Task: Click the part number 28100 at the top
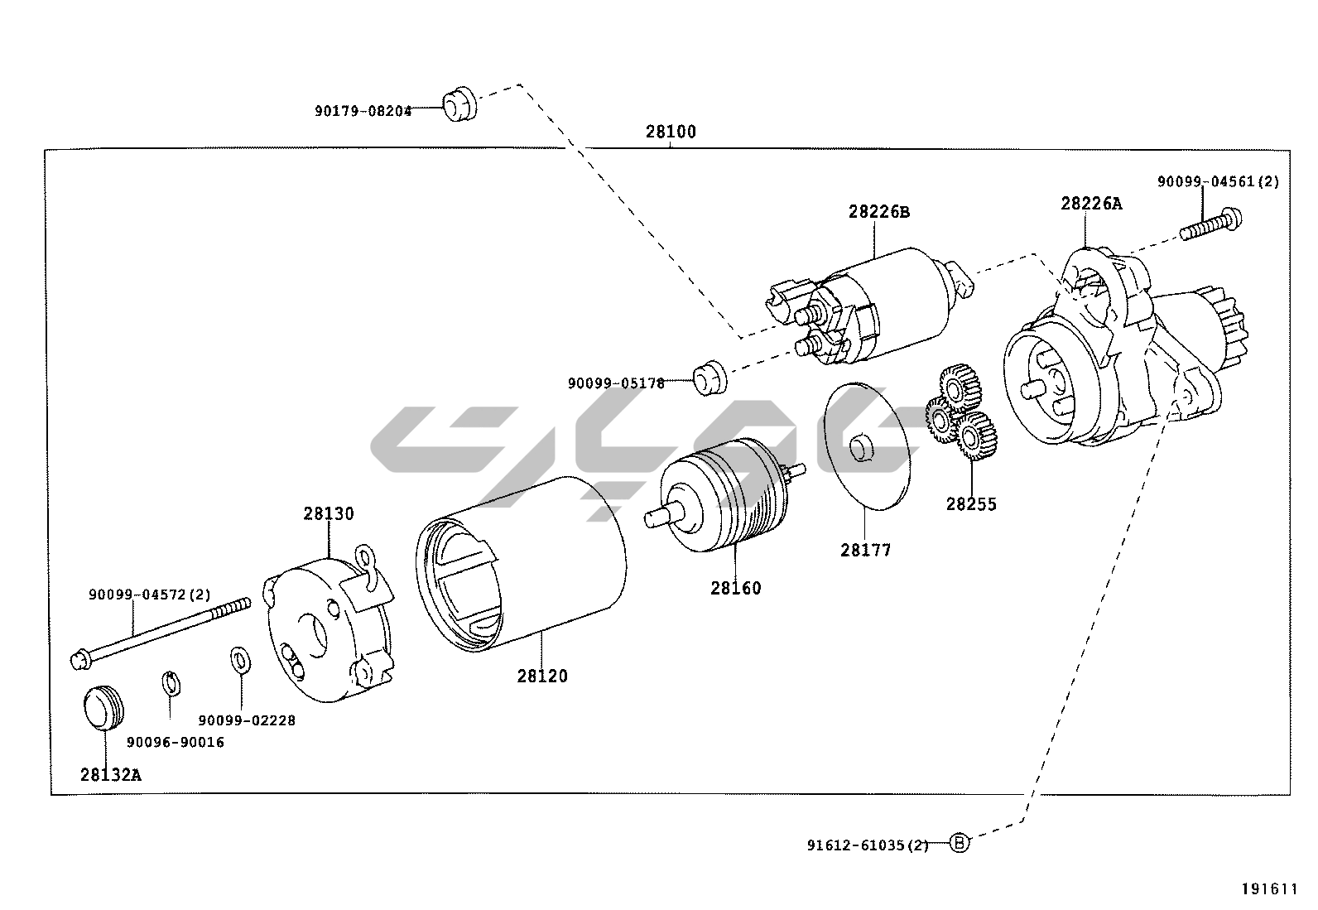(671, 132)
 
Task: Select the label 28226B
(878, 212)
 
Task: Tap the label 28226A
(1091, 203)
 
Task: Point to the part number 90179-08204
(363, 111)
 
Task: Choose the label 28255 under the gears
(971, 503)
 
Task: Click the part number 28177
(865, 549)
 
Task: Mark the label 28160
(735, 588)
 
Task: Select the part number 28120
(542, 676)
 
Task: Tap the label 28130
(328, 513)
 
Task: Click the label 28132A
(111, 775)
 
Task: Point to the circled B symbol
(958, 844)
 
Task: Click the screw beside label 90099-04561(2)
(1211, 224)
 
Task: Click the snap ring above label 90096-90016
(170, 683)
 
